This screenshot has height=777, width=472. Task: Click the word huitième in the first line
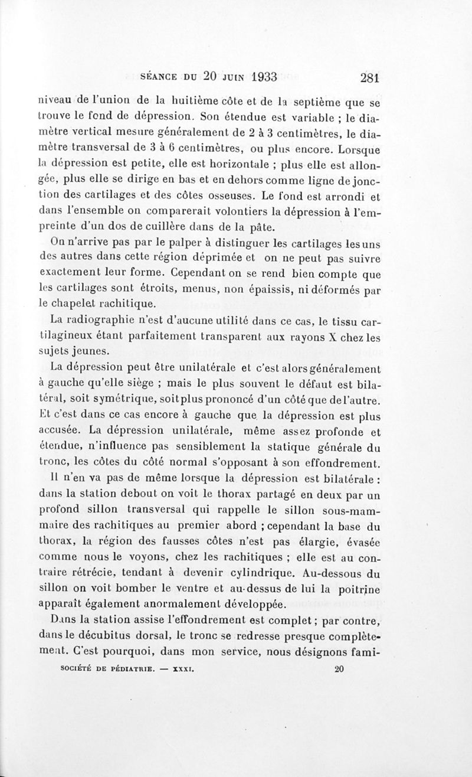tap(188, 98)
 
